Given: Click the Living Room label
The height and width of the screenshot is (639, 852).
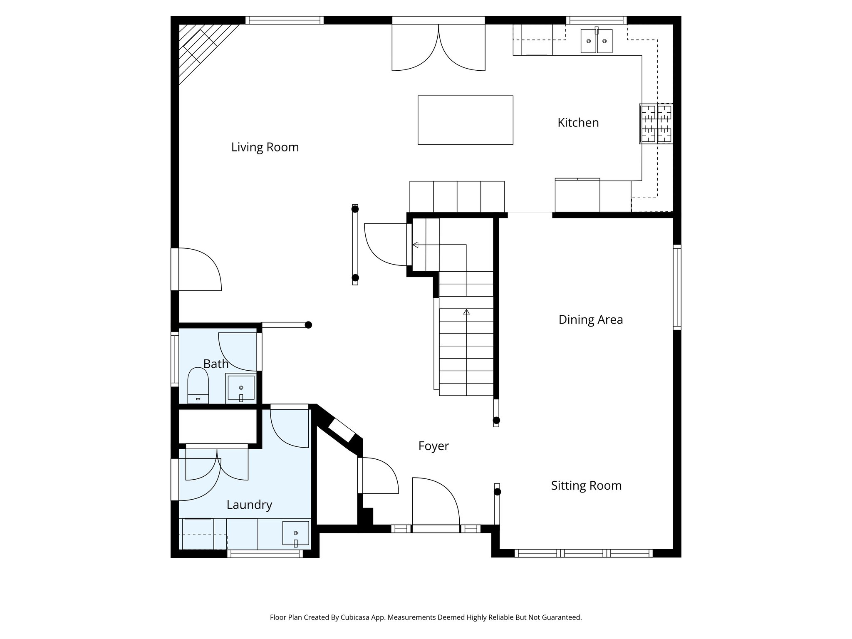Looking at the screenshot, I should tap(265, 147).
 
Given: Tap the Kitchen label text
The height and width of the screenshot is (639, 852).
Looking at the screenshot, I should tap(578, 123).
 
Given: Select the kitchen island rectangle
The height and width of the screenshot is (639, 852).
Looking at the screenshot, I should tap(465, 120).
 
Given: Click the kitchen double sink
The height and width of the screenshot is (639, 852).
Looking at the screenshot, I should tap(596, 41).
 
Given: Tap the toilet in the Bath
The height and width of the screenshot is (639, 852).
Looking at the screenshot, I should tap(198, 385).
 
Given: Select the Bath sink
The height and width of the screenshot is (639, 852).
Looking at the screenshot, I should tap(241, 388).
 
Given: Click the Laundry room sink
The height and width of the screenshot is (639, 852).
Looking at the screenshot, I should tap(295, 533).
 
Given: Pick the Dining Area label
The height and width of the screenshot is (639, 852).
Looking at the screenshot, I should tap(590, 320).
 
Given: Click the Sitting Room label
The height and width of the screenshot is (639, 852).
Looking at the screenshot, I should tap(586, 486).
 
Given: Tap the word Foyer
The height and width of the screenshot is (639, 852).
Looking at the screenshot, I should tap(433, 446).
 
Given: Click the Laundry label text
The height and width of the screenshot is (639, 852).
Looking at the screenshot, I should tap(249, 505).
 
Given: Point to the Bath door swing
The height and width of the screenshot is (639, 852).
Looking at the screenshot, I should tap(237, 352).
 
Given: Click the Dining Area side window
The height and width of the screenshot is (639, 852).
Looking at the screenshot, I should tap(677, 287).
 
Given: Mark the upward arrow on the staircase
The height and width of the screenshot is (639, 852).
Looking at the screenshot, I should tap(466, 312).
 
